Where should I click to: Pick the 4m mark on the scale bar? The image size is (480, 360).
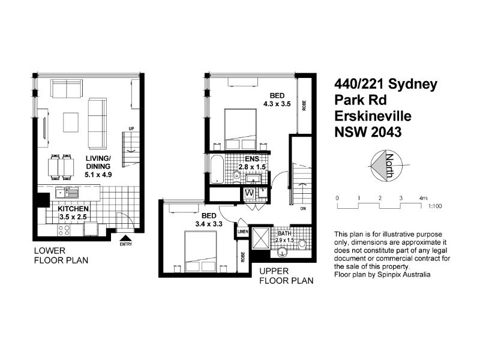[423, 197]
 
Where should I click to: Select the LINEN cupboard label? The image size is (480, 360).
[243, 232]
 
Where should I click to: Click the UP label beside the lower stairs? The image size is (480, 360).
[130, 128]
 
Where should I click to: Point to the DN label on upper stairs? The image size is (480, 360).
[304, 209]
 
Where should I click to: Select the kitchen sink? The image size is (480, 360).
[64, 193]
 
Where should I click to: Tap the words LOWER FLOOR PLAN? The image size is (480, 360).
[61, 256]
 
